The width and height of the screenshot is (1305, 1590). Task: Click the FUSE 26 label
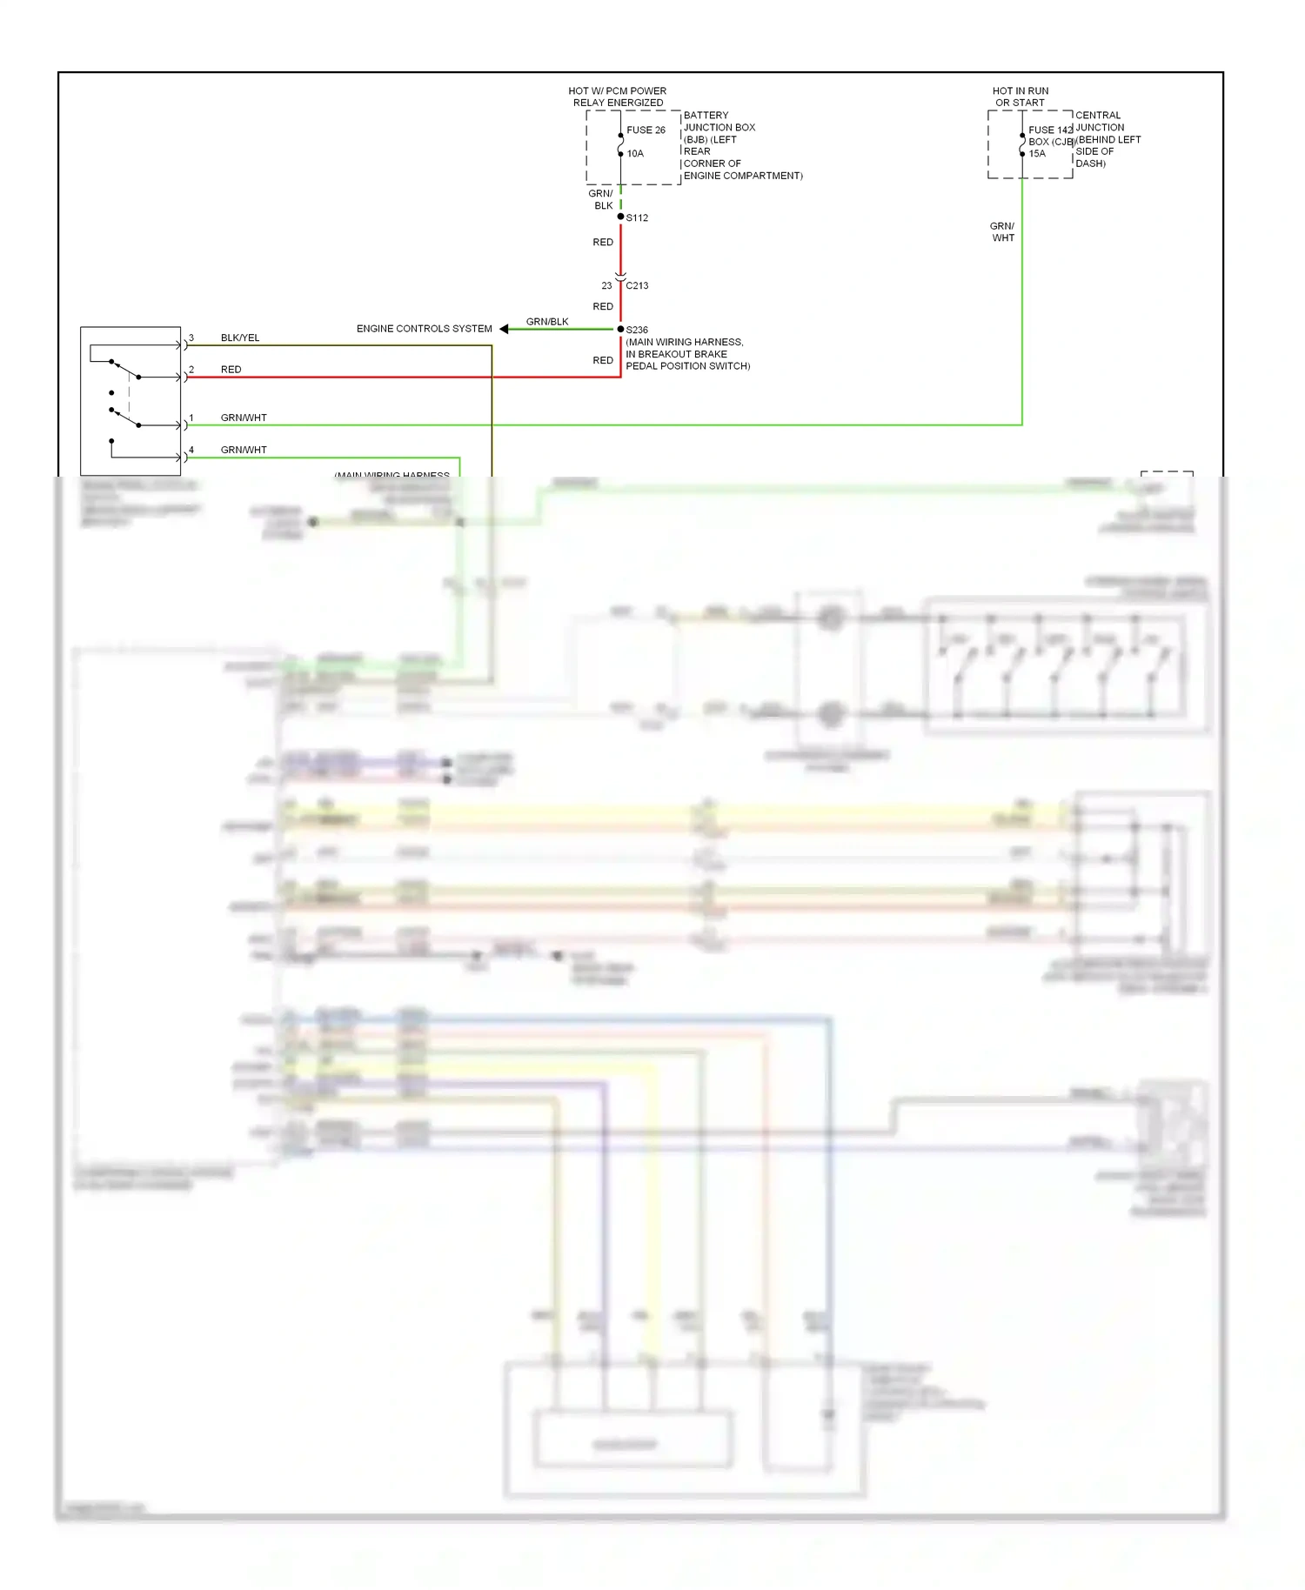(646, 130)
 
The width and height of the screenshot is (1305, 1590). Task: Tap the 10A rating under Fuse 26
(635, 154)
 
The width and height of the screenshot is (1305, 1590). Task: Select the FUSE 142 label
(1050, 130)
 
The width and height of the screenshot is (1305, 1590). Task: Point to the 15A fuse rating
(1037, 154)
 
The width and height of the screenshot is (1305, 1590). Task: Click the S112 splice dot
(620, 217)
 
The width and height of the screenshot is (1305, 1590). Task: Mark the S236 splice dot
(620, 329)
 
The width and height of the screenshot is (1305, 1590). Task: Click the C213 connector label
(637, 285)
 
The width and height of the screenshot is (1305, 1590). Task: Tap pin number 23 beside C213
(606, 285)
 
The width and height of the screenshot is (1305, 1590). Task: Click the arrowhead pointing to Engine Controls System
(504, 329)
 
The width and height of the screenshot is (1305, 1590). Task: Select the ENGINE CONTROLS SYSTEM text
(424, 329)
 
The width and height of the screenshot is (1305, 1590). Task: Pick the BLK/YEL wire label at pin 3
(240, 337)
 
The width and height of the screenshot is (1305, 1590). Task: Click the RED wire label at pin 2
(231, 370)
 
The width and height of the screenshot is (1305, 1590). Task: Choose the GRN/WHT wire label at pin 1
(244, 418)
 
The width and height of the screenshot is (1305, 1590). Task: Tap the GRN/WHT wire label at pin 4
(244, 450)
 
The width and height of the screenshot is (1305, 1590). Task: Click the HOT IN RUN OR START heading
(1021, 97)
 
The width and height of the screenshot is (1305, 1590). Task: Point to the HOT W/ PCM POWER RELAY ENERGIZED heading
(618, 97)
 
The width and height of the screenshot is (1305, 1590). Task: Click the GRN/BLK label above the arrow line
(547, 322)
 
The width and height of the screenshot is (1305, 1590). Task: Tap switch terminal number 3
(191, 337)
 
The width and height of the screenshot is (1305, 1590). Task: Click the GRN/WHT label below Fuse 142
(1002, 232)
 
